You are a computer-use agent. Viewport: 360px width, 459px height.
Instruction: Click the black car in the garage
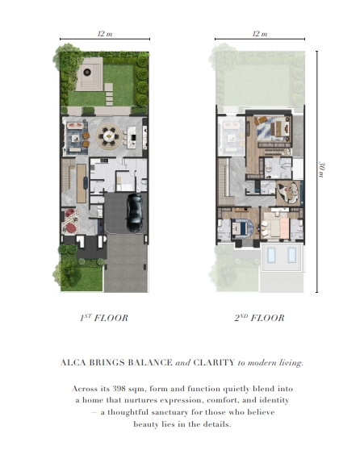coord(135,212)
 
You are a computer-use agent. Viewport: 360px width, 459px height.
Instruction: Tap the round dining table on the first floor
coord(109,136)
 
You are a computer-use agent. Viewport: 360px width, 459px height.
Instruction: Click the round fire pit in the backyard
coord(87,72)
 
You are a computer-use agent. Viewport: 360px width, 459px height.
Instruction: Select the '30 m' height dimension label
coord(321,169)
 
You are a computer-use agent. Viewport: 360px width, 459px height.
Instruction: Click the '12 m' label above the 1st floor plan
coord(105,34)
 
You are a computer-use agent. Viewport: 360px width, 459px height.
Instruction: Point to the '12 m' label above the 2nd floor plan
coord(260,34)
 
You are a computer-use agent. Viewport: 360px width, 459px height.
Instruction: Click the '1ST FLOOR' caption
coord(104,318)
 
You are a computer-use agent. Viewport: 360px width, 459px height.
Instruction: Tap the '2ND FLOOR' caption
coord(259,318)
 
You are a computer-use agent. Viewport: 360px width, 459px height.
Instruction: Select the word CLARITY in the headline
coord(214,362)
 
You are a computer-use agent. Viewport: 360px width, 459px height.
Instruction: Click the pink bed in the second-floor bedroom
coord(284,227)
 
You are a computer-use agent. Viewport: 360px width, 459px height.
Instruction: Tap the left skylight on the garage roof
coord(271,255)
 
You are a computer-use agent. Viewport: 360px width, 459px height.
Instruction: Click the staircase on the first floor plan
coord(69,174)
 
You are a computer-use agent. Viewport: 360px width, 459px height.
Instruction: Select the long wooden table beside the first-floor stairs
coord(82,183)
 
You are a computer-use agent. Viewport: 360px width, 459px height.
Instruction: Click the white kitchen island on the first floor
coord(132,137)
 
